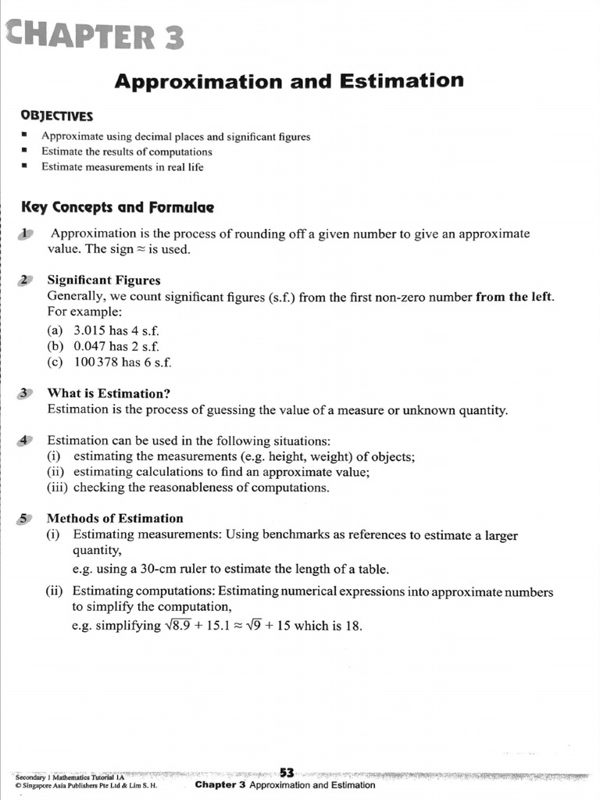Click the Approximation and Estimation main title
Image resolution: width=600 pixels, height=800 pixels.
coord(289,80)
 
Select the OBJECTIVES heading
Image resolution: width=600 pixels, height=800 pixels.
coord(57,116)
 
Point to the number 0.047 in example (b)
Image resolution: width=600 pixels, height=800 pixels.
coord(90,346)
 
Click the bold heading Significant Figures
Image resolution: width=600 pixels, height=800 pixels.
coord(104,280)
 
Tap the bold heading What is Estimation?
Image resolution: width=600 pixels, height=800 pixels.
coord(109,393)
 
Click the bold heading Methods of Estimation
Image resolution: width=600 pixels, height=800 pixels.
coord(115,518)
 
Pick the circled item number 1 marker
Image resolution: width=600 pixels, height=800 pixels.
coord(27,234)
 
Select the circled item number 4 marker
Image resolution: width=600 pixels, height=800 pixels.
coord(26,441)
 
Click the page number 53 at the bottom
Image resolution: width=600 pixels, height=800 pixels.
coord(287,773)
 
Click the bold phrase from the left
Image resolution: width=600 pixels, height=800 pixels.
coord(515,297)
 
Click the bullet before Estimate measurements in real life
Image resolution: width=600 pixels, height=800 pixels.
coord(26,167)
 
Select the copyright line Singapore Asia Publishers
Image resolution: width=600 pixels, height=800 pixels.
coord(86,786)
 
